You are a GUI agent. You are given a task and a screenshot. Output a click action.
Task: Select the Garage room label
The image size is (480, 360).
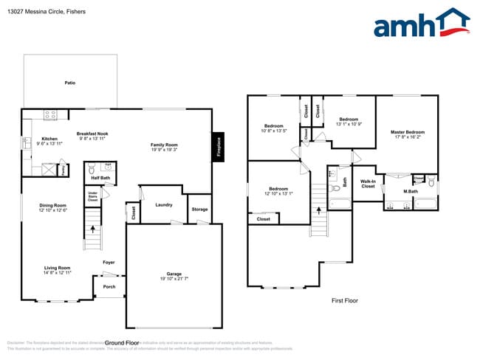click(x=174, y=274)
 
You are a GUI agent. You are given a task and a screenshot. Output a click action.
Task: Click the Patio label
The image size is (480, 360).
click(x=70, y=83)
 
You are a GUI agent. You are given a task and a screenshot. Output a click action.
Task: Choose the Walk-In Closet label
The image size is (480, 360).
click(x=368, y=183)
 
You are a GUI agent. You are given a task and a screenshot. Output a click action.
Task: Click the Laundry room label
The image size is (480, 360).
click(x=164, y=204)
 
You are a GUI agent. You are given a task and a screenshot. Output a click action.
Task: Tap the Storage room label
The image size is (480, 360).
click(x=199, y=209)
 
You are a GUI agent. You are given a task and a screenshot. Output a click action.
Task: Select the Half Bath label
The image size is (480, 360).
click(x=100, y=178)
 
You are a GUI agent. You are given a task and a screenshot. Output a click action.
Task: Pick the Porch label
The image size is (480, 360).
click(x=109, y=287)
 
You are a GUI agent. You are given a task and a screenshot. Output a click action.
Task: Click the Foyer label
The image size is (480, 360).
click(x=109, y=262)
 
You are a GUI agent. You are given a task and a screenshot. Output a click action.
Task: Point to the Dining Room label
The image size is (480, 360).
click(x=53, y=205)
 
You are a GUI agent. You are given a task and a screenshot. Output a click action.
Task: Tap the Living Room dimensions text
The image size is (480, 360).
click(x=57, y=273)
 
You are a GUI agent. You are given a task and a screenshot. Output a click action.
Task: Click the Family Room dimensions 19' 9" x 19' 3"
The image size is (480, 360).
click(x=164, y=150)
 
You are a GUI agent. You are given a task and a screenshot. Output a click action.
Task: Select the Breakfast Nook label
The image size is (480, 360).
click(x=92, y=134)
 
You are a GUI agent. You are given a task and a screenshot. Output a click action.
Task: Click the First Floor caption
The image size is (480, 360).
click(x=344, y=301)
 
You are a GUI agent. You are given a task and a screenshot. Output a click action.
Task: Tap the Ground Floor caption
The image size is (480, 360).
click(x=122, y=343)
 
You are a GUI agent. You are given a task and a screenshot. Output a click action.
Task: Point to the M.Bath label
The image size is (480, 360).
click(x=411, y=192)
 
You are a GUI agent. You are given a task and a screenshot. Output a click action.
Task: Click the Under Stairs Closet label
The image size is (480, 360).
click(x=103, y=196)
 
